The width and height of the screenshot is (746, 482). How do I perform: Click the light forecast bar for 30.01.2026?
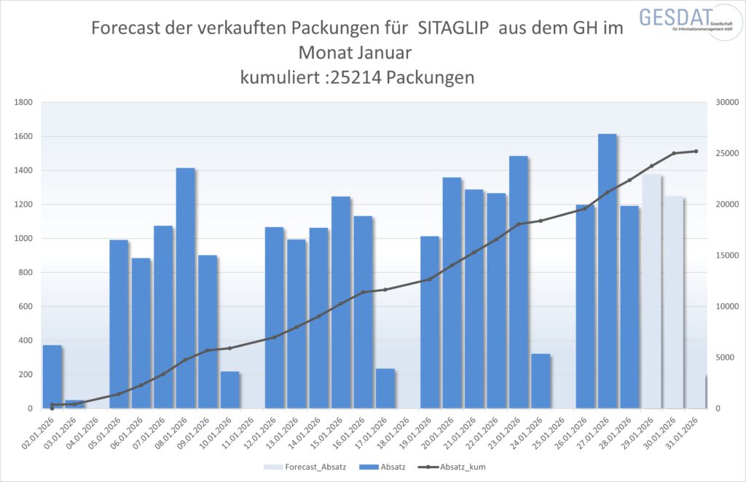click(674, 306)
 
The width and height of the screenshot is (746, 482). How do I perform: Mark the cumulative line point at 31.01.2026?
click(696, 151)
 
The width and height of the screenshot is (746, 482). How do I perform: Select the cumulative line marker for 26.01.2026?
click(585, 209)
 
